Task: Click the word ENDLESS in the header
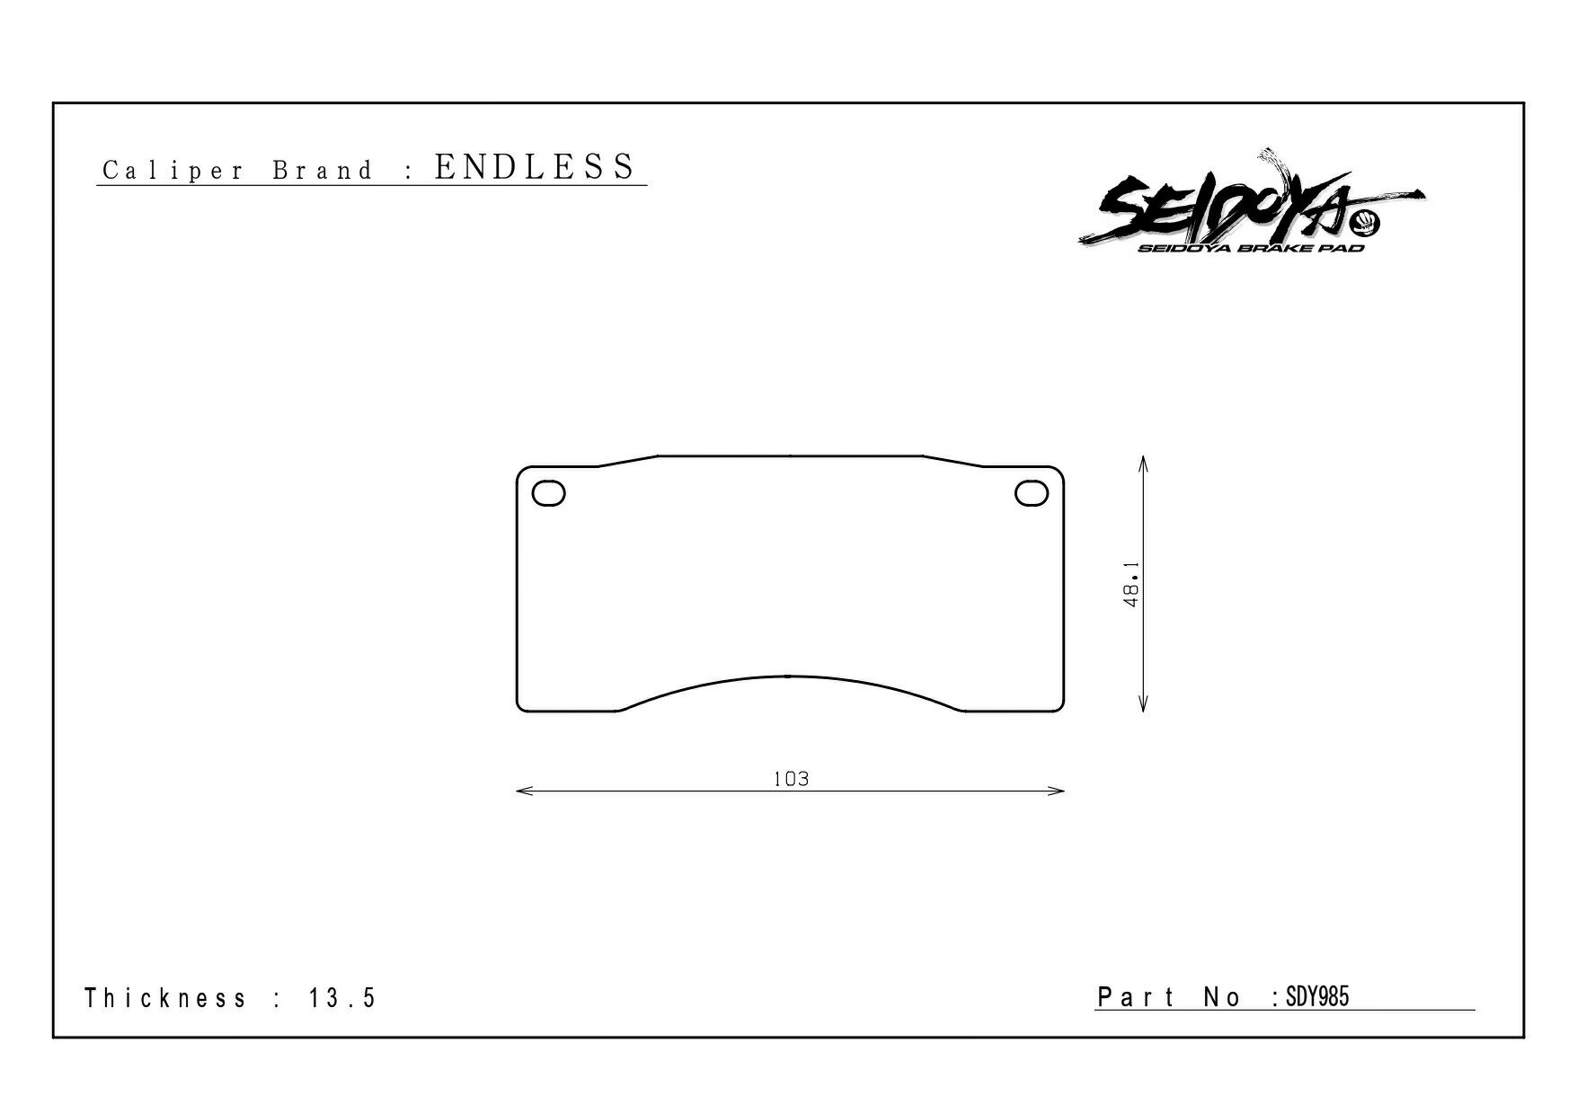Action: click(535, 167)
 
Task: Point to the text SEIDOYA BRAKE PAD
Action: click(1251, 248)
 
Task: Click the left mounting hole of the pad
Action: click(549, 493)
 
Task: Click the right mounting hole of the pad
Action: click(1031, 493)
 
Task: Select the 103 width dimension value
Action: click(791, 779)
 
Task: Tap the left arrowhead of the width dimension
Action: click(524, 791)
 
